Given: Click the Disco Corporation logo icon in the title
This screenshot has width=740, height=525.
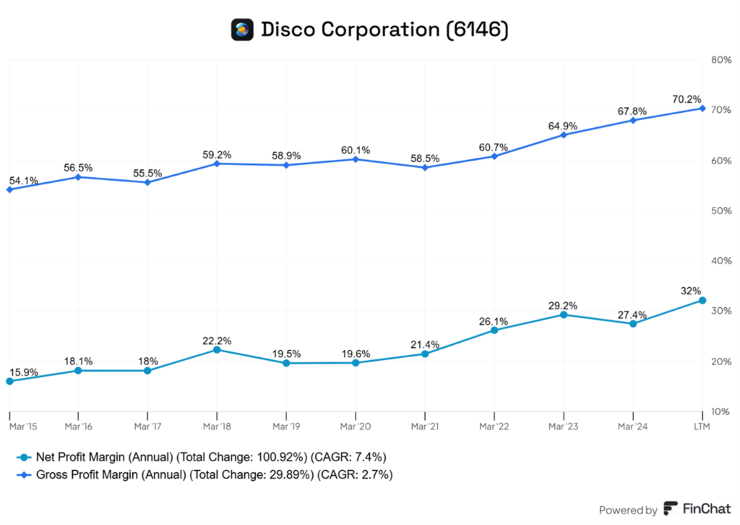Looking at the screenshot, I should coord(242,30).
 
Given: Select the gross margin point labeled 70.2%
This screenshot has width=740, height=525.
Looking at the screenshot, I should coord(702,108).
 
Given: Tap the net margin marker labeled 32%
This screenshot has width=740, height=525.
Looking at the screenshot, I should coord(702,300).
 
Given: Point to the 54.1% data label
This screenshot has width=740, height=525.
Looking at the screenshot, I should coord(22,180).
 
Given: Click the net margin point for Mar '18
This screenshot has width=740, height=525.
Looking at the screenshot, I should coord(217,349).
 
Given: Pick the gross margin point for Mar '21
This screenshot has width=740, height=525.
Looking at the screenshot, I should coord(425,167).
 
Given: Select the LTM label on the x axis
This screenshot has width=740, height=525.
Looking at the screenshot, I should coord(702,427).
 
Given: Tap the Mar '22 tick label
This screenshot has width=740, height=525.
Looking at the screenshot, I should coord(494,427).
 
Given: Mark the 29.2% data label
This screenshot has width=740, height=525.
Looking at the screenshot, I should coord(564,305).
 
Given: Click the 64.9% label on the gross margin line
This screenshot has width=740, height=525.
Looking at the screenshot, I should coord(564,125).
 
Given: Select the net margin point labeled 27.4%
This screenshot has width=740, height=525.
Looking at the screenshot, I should coord(633,323).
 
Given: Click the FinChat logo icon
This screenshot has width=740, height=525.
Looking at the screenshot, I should coord(671,509).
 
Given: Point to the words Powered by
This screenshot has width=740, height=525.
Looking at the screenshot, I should coord(628,510).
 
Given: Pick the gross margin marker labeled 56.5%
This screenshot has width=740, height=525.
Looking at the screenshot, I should coord(78,176).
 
